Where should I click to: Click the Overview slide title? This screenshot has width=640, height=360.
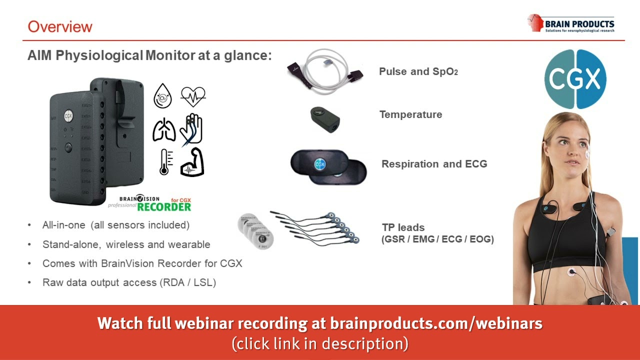60,26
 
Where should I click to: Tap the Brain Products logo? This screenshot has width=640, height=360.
570,23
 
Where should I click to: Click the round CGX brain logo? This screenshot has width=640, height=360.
575,79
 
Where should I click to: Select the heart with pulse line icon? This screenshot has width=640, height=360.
193,96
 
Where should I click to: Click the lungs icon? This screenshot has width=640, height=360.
164,129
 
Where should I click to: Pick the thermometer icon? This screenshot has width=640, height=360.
164,161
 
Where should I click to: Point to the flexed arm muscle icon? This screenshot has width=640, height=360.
192,161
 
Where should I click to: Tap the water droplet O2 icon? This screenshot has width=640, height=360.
162,96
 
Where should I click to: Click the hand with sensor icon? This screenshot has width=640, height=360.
192,129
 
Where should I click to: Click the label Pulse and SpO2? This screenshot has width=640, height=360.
418,71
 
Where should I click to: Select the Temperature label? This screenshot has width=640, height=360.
410,114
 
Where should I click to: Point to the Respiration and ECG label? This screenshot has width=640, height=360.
434,164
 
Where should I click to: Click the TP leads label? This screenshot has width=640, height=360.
403,228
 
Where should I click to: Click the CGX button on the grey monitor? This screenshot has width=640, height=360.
68,115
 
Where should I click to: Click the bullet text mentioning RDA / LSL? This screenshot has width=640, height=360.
129,282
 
